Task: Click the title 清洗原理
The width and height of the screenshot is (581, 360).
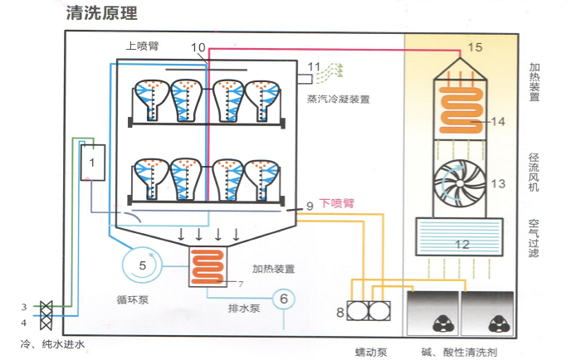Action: [100, 13]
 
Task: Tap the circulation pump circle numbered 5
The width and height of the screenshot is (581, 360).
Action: [143, 265]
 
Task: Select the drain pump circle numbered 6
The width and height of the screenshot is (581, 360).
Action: [282, 299]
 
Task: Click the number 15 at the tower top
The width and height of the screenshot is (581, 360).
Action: [474, 47]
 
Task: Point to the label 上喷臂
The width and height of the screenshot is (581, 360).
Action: [142, 47]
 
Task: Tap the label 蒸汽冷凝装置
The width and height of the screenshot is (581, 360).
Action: [338, 99]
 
